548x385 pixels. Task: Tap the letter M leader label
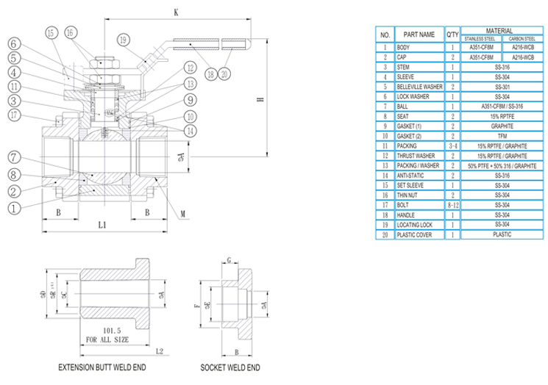(x=182, y=214)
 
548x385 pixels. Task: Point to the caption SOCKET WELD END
(x=230, y=367)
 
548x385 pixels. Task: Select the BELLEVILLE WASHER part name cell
(x=420, y=86)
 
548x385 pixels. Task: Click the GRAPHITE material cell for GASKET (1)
(x=493, y=126)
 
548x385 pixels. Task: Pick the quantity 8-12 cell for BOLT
(x=454, y=205)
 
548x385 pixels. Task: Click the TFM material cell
(x=493, y=135)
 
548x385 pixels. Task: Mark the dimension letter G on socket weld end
(x=229, y=261)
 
